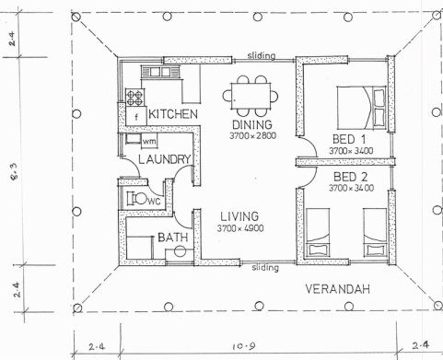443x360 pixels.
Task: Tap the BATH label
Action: (173, 238)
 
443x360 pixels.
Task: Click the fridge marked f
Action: (136, 116)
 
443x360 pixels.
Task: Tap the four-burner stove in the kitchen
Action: (134, 95)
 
